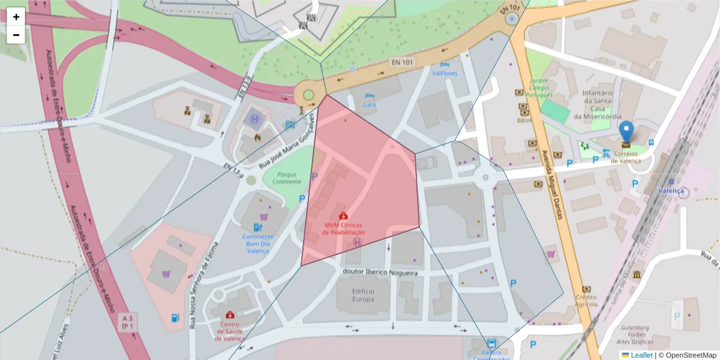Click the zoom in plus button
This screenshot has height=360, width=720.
[x=16, y=17]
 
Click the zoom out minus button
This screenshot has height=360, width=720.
[x=16, y=35]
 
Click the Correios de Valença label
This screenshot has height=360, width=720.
[x=626, y=157]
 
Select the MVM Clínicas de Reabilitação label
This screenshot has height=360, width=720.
[x=344, y=229]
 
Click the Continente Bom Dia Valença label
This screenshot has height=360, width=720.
[x=258, y=244]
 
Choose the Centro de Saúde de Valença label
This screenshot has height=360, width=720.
[x=230, y=331]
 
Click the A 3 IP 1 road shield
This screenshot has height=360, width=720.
[x=127, y=322]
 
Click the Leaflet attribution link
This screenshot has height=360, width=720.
[x=641, y=355]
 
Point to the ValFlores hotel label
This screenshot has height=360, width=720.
[x=445, y=73]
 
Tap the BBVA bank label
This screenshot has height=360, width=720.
[x=524, y=120]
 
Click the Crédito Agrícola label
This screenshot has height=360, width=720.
[x=586, y=300]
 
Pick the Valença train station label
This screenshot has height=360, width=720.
[x=671, y=191]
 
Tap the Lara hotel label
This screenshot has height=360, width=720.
[x=370, y=104]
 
